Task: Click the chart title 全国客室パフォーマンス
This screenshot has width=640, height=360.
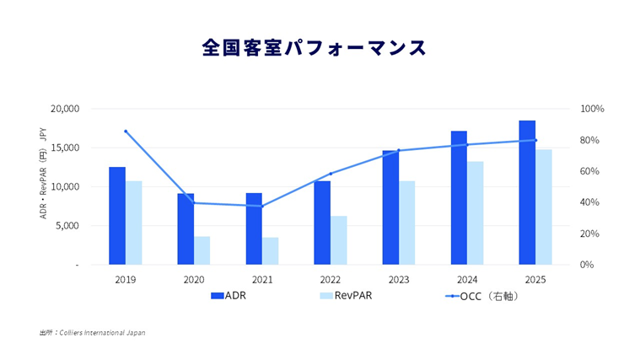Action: (314, 47)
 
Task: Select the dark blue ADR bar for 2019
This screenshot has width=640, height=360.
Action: (117, 216)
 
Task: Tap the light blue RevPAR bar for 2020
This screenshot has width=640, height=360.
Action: (202, 250)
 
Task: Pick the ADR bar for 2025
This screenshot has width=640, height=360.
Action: (527, 192)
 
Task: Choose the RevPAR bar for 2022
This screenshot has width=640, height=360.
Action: (339, 240)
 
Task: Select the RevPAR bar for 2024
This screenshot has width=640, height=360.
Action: (476, 212)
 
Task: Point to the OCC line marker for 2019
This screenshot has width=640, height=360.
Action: (126, 132)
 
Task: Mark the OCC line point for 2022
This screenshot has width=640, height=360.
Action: (331, 174)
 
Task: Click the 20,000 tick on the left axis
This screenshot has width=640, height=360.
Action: (65, 109)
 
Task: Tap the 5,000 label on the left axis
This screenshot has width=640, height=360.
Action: (67, 226)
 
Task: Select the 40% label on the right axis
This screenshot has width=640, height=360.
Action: (591, 202)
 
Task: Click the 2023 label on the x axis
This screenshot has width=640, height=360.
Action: (399, 279)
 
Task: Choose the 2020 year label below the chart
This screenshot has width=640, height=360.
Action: (194, 279)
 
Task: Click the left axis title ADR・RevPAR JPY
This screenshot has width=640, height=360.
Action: (43, 186)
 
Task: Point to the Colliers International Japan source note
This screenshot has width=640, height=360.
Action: (92, 333)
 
